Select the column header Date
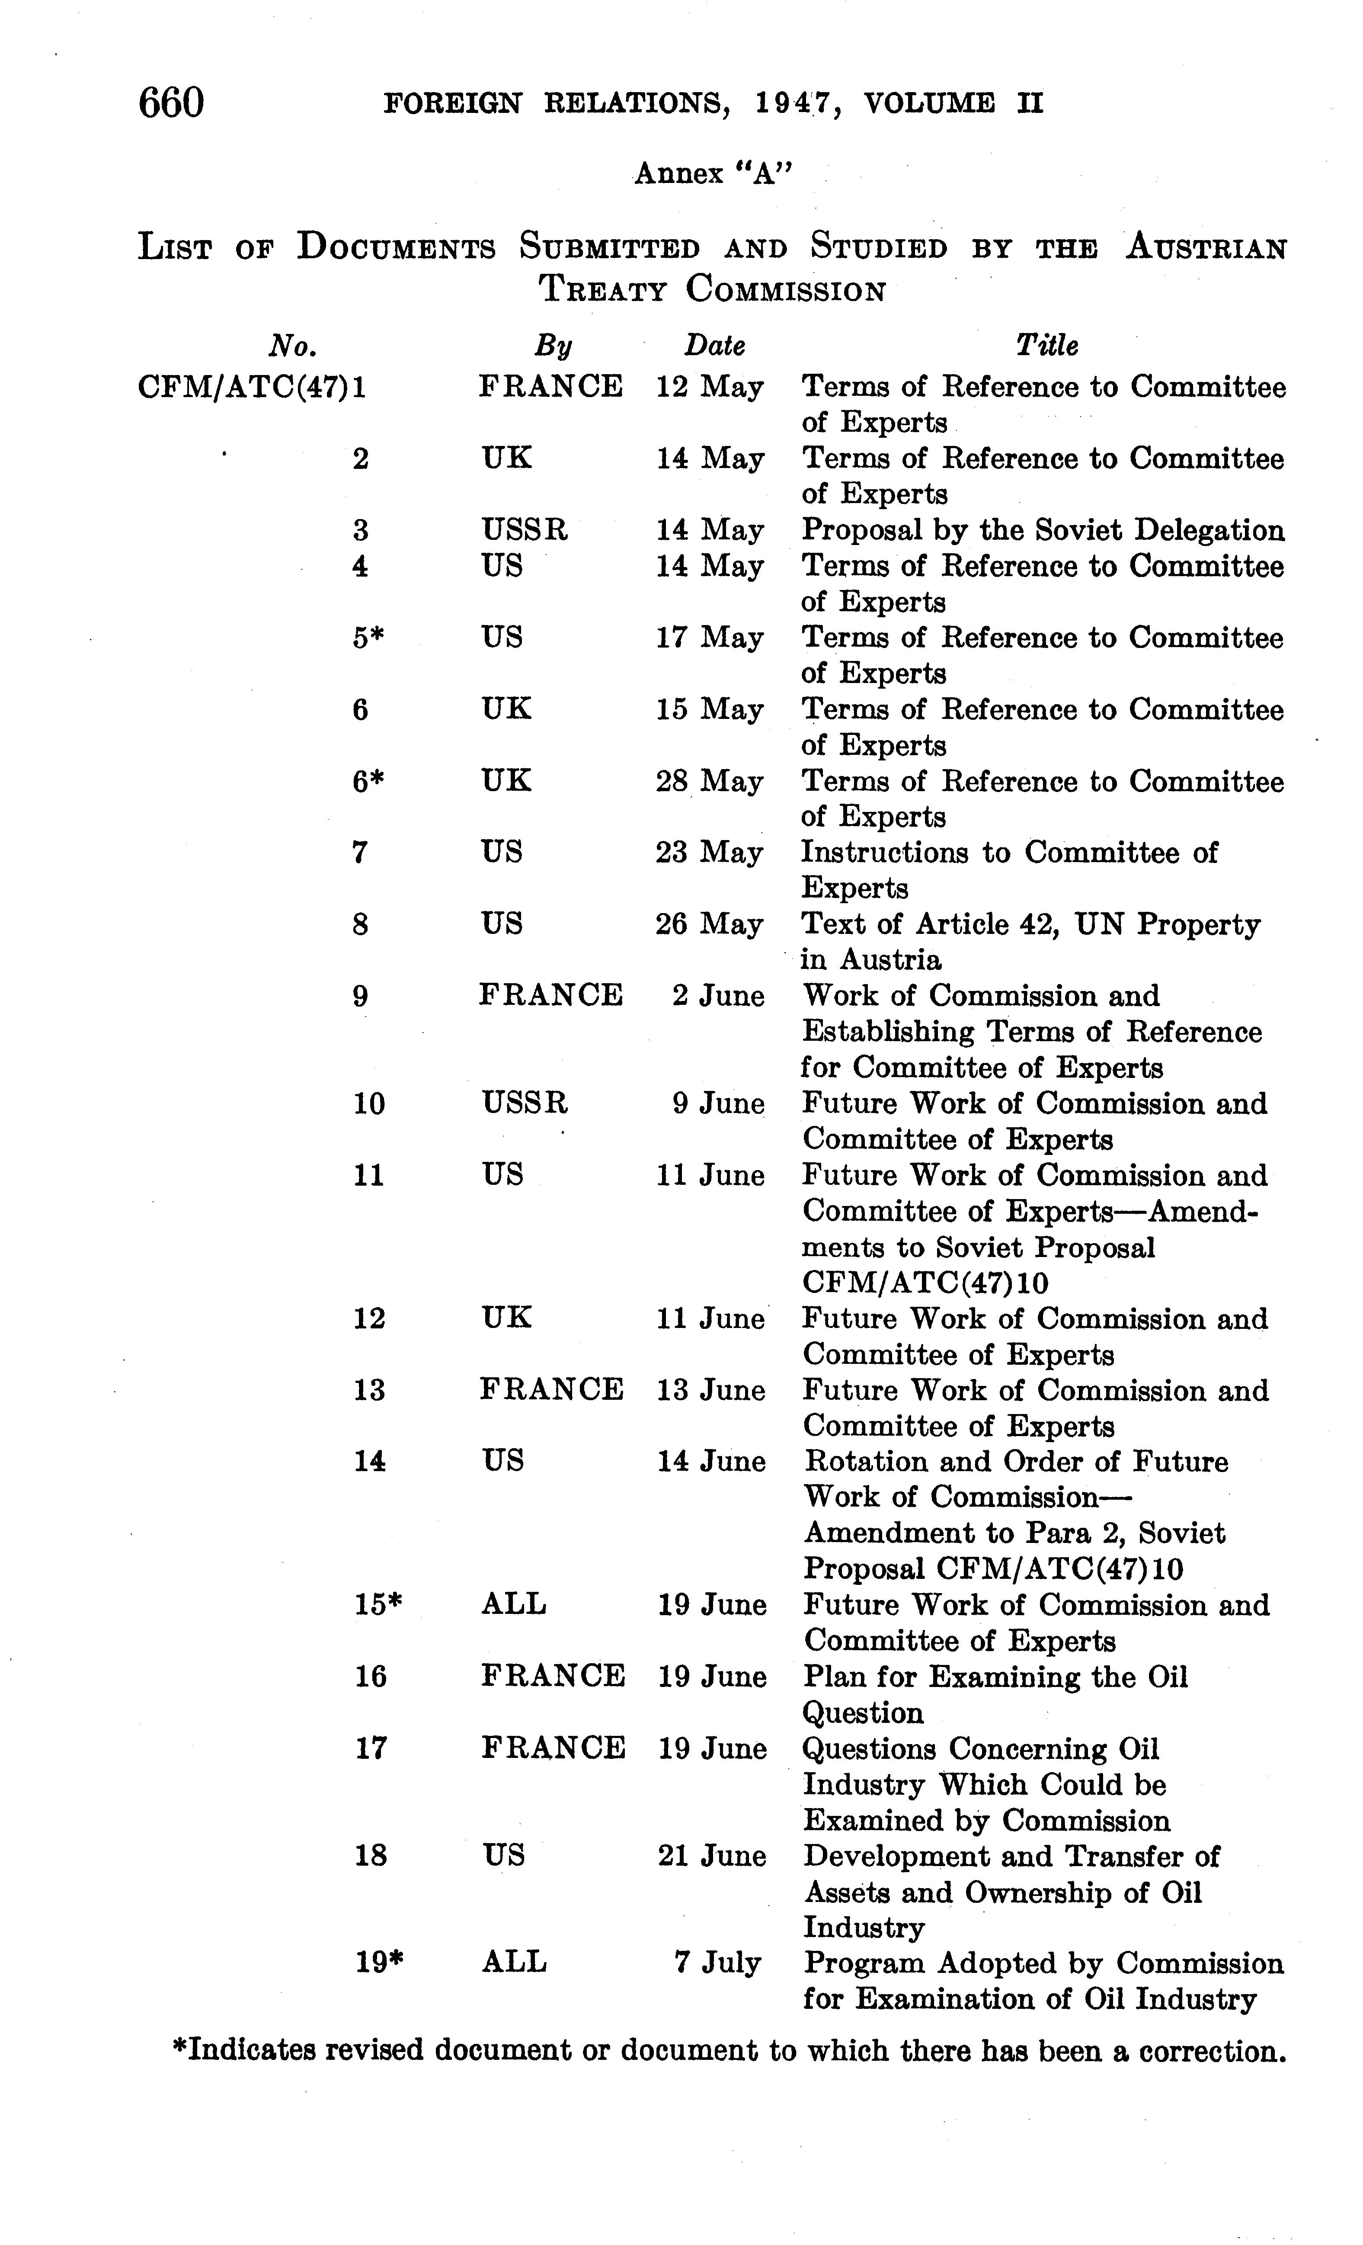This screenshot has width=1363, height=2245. click(714, 346)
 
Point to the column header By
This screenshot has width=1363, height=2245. click(552, 346)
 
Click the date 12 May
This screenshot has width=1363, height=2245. click(710, 387)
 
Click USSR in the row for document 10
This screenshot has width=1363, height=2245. click(524, 1103)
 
